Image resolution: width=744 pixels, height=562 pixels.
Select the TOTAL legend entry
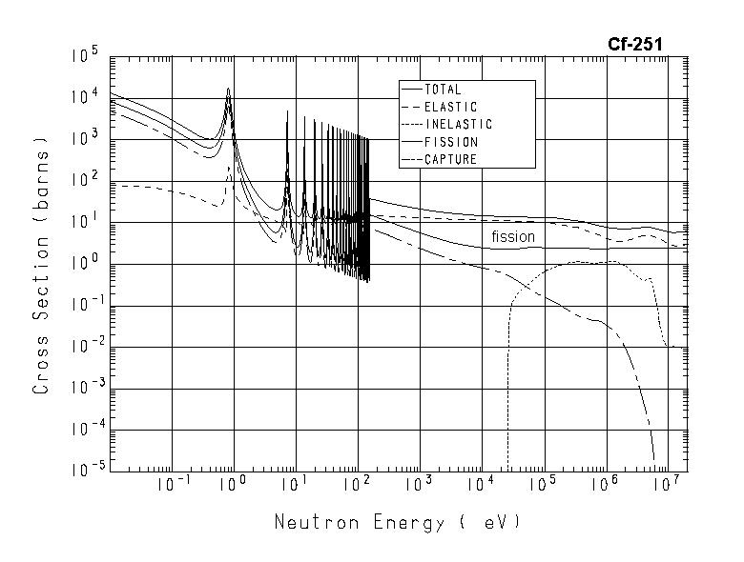(443, 90)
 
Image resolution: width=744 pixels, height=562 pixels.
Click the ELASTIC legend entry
(450, 107)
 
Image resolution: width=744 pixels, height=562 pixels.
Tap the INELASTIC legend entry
(458, 124)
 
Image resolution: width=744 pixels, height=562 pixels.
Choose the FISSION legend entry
(451, 142)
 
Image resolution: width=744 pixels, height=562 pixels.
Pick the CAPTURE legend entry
(450, 159)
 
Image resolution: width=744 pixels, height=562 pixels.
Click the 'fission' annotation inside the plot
(513, 236)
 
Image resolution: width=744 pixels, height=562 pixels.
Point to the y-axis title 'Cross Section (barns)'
(40, 270)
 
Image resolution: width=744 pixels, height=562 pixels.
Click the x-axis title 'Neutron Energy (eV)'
(398, 522)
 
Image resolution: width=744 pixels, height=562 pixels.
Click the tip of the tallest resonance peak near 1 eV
(228, 89)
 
